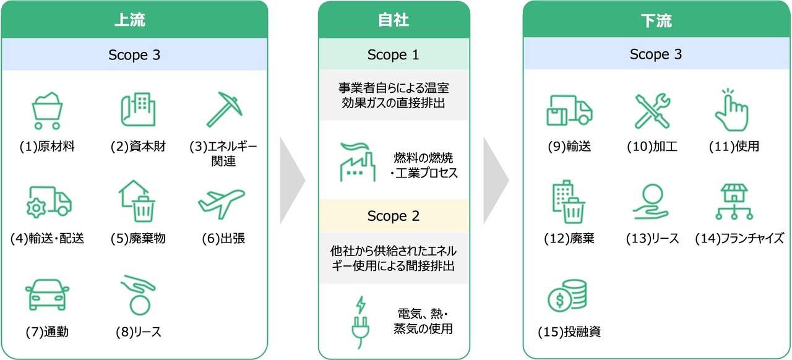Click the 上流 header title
coord(134,21)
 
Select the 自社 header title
coord(394,21)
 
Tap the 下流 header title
coord(656,21)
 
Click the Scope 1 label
coord(394,54)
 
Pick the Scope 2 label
coord(394,216)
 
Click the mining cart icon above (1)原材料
coord(47,110)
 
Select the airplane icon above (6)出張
coord(222,202)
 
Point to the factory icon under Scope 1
coord(358,163)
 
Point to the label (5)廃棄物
coord(138,238)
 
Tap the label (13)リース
coord(652,238)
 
